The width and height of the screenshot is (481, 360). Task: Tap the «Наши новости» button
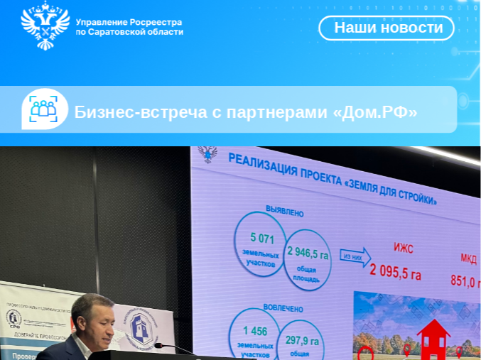click(x=387, y=28)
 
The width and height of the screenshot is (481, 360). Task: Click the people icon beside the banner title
click(x=44, y=109)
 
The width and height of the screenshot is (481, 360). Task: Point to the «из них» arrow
click(x=355, y=256)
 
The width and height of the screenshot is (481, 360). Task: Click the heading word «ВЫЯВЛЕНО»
click(x=284, y=212)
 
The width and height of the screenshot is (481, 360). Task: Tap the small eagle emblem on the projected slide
click(x=208, y=154)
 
